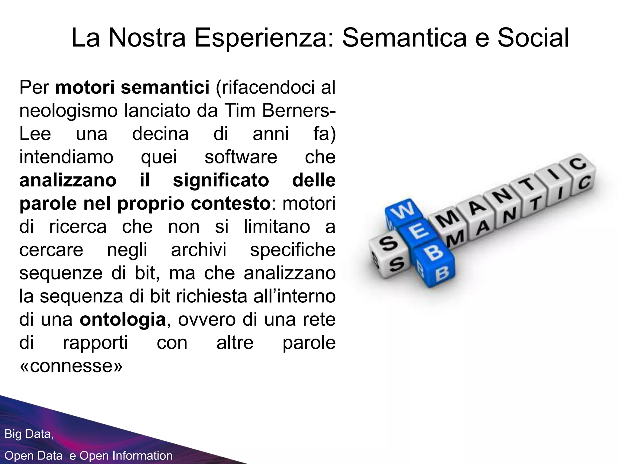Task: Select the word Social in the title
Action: pos(533,38)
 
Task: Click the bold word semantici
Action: pos(165,88)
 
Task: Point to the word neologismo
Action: pos(68,111)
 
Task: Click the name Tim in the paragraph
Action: pos(240,111)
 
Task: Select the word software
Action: pos(241,157)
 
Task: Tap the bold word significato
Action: pos(221,180)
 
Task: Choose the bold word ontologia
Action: pos(123,320)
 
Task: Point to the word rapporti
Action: pos(95,343)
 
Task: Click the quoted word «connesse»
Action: pos(71,366)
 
